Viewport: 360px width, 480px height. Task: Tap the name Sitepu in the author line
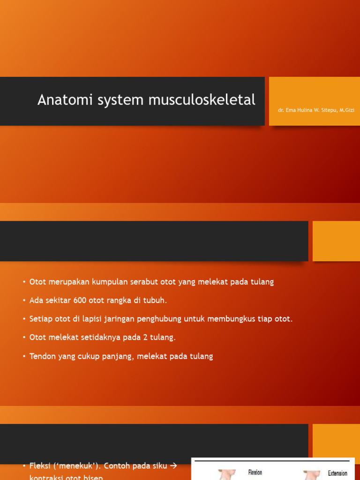tap(327, 110)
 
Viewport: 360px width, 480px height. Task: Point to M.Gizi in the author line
tap(347, 110)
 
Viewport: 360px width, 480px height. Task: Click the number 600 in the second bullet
tap(80, 300)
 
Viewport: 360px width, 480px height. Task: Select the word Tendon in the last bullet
tap(43, 356)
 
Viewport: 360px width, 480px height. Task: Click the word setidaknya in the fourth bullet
tap(91, 337)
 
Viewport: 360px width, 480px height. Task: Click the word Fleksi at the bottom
tap(40, 466)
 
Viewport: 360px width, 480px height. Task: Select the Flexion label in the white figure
tap(255, 472)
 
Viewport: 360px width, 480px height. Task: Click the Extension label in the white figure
tap(337, 473)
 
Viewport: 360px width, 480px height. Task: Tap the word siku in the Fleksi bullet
tap(157, 466)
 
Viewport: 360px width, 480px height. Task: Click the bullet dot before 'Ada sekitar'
tap(24, 301)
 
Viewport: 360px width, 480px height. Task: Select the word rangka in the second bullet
tap(118, 300)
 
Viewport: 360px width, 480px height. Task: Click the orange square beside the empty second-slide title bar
tap(336, 241)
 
